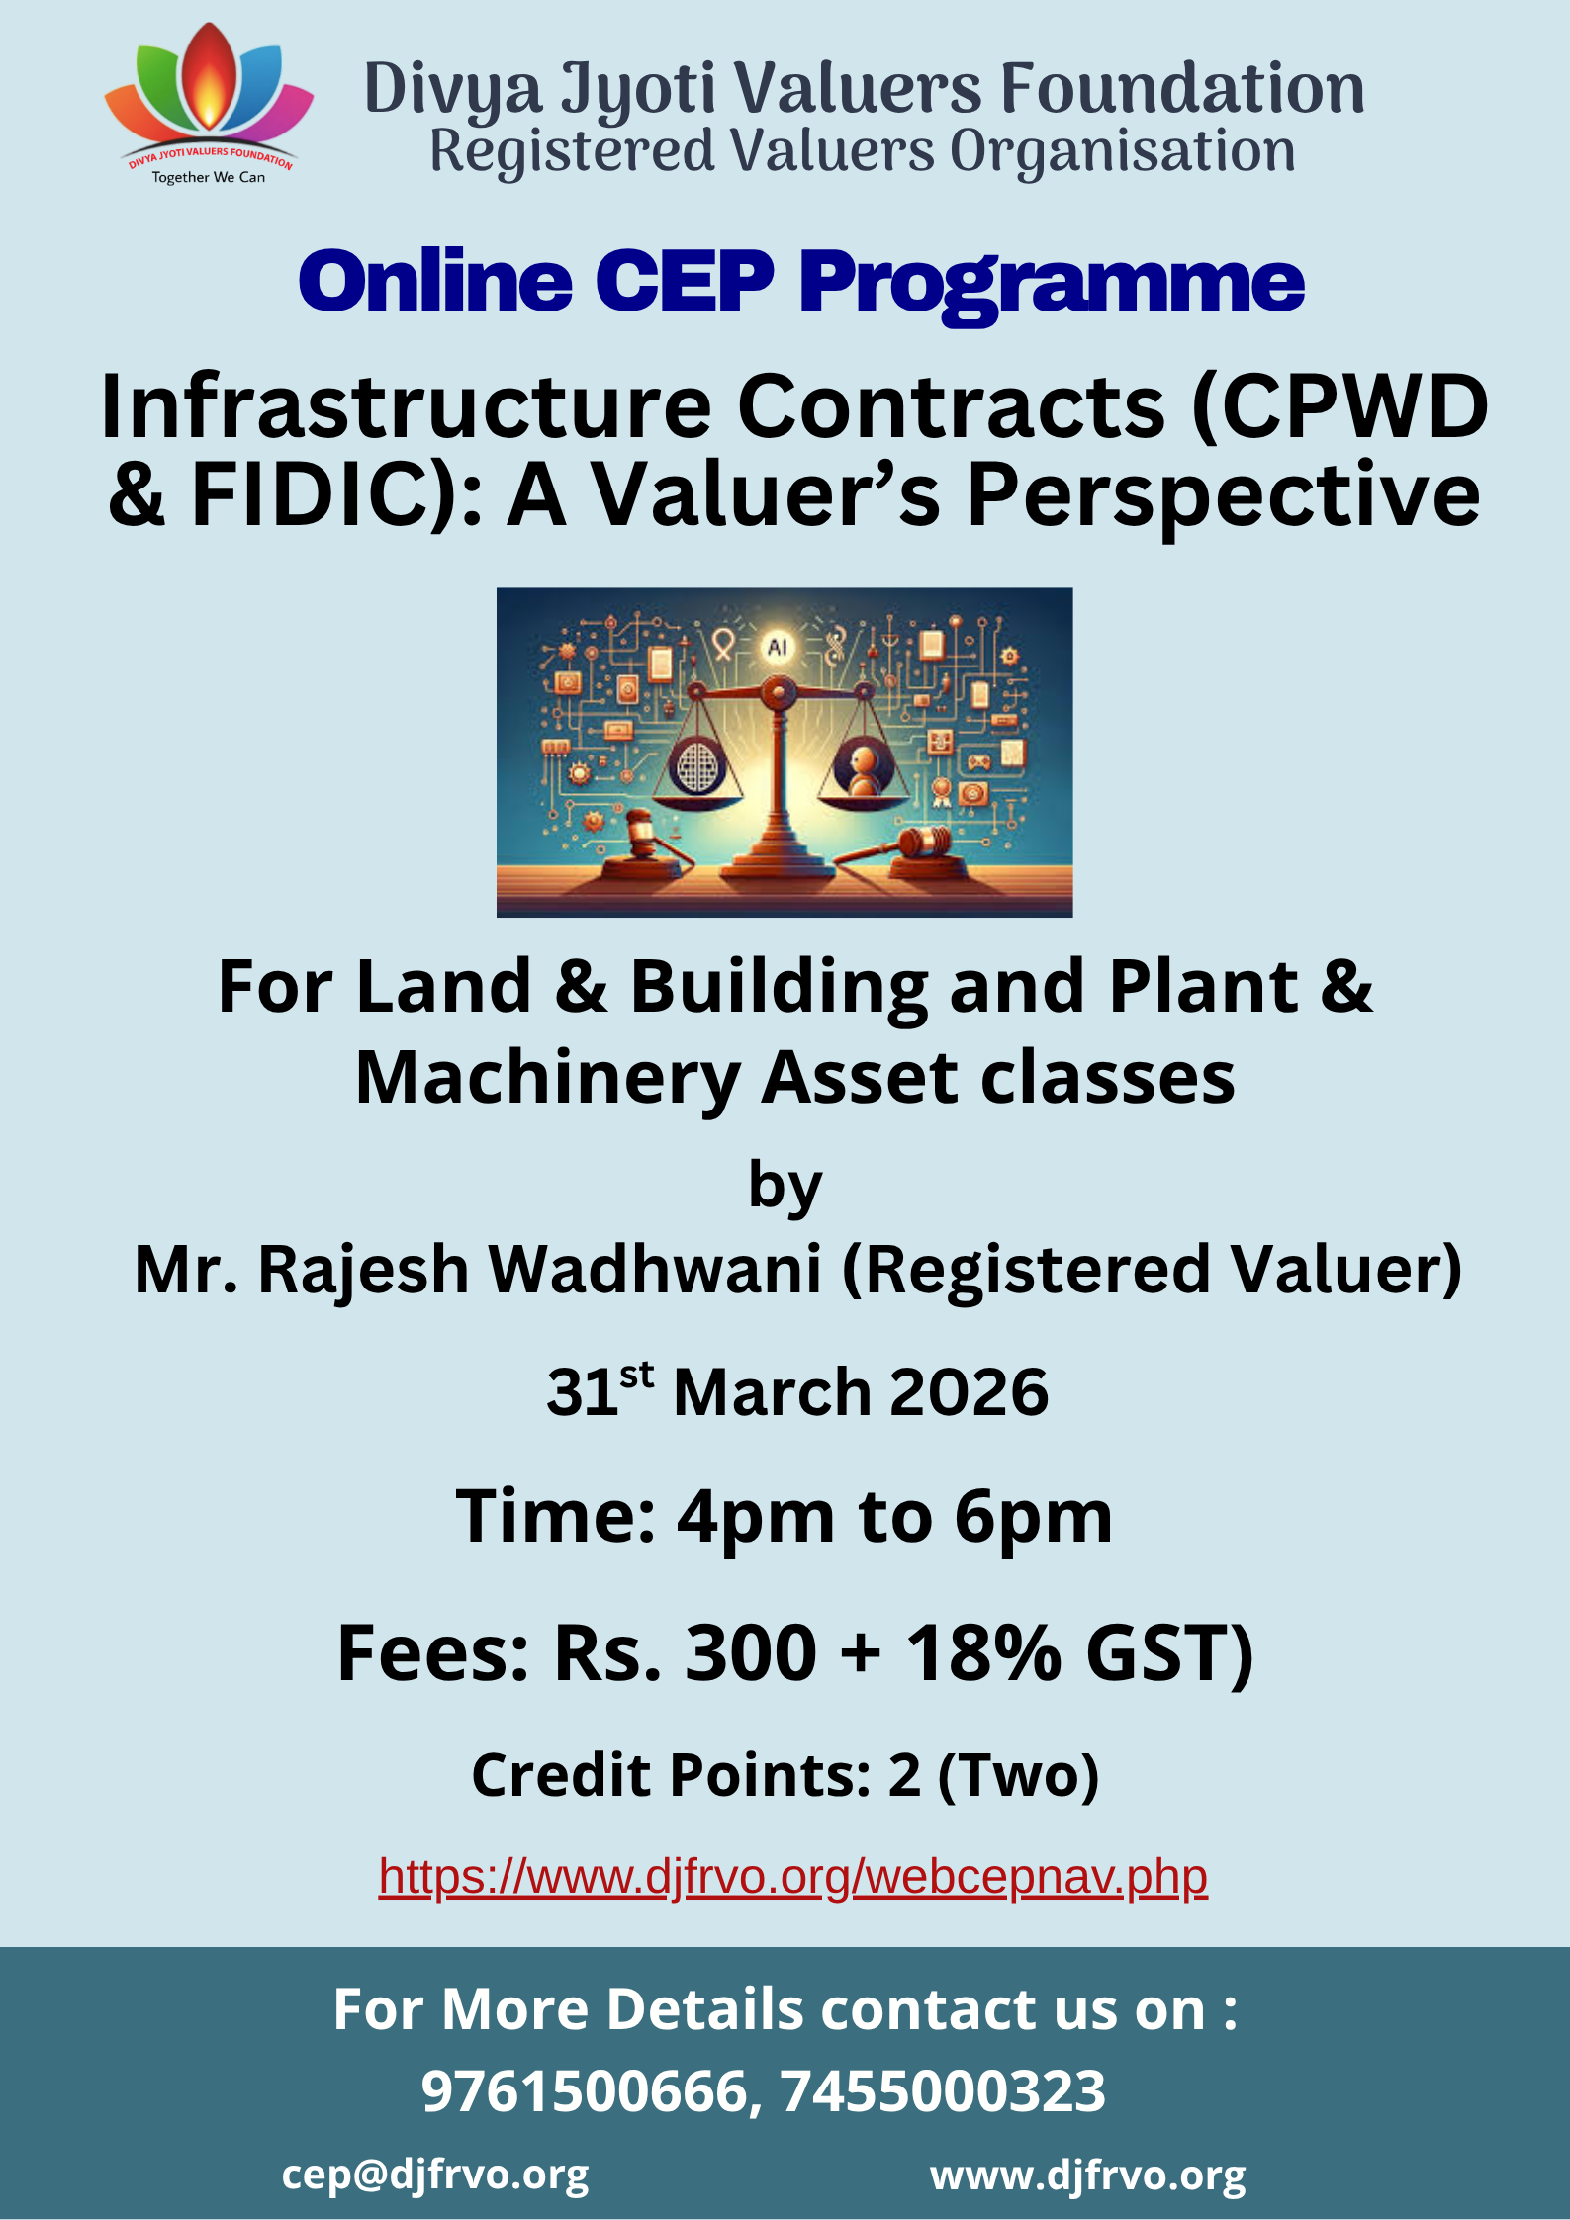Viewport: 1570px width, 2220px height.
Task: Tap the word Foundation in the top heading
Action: pos(1182,88)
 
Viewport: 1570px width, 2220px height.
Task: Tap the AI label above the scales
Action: pos(778,647)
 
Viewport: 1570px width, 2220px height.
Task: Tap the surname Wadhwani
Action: pos(656,1269)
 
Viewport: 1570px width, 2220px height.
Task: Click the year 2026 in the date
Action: pos(969,1392)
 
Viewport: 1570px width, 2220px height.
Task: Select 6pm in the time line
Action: pos(1034,1519)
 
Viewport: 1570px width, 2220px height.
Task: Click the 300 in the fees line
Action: pos(751,1653)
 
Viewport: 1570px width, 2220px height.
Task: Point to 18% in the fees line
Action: pos(984,1653)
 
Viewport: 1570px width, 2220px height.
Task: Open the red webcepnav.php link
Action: pos(793,1877)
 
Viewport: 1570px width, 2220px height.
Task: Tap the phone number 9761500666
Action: pos(585,2091)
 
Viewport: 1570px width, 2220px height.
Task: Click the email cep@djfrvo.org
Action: pos(435,2176)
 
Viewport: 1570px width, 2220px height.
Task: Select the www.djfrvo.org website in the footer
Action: pos(1088,2176)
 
